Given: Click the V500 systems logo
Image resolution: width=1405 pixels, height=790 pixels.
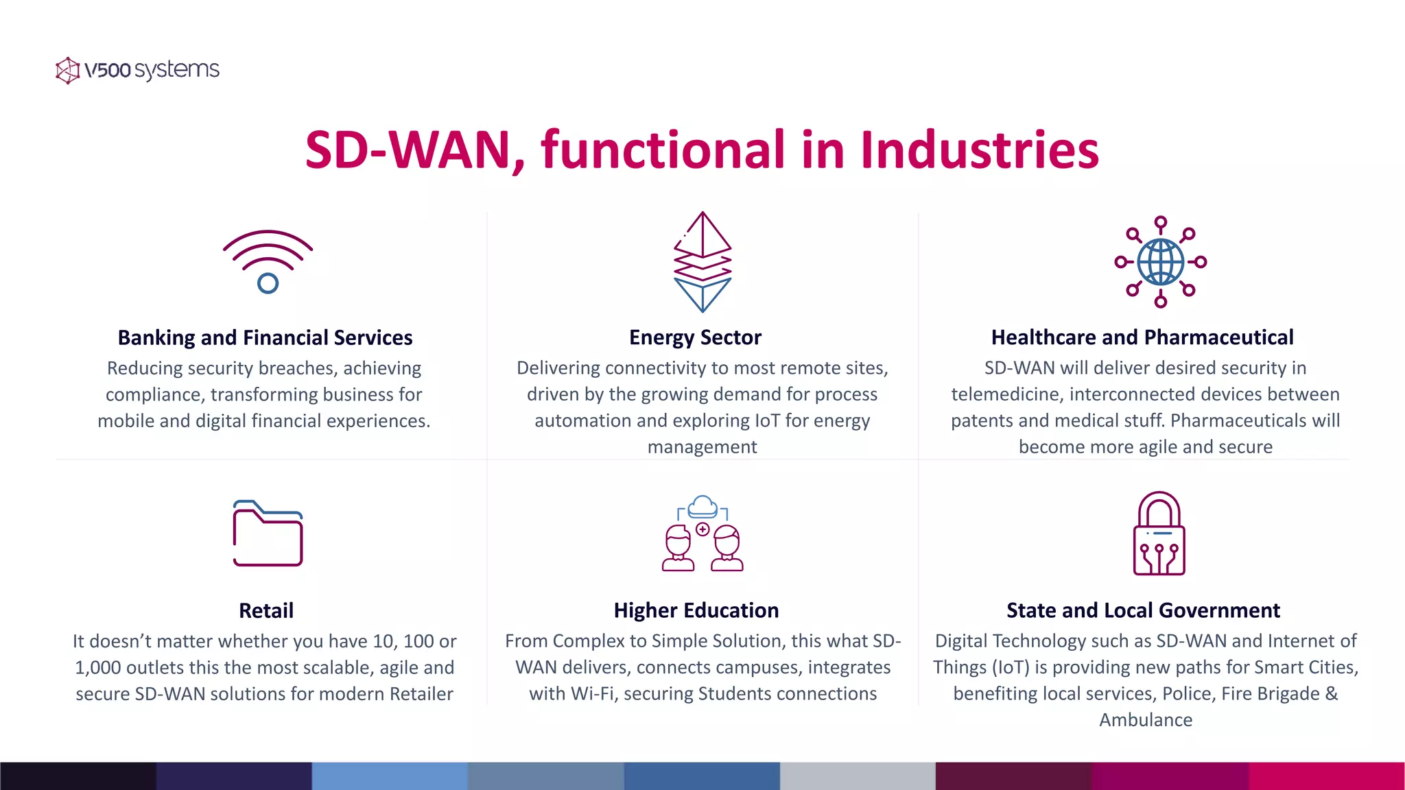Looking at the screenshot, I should [x=137, y=70].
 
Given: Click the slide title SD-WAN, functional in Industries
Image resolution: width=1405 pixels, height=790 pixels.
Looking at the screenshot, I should [x=702, y=149].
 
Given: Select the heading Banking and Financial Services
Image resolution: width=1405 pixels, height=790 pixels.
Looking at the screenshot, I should [x=265, y=337].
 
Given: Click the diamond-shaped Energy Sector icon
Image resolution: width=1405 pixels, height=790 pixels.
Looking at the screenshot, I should [x=702, y=262].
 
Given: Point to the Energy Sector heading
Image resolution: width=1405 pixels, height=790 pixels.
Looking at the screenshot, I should [x=695, y=337].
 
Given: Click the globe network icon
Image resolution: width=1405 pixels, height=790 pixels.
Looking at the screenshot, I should [x=1160, y=262].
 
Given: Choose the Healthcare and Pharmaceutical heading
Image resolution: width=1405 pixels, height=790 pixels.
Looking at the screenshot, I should [x=1142, y=337].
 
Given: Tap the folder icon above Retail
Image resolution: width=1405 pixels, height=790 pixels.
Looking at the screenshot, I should [x=268, y=534].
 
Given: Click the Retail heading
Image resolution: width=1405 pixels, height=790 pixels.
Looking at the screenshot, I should [x=266, y=610].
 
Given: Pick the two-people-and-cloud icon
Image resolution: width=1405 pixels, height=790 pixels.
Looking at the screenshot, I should [x=702, y=534].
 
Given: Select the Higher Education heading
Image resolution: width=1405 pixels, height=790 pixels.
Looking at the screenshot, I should [x=696, y=610].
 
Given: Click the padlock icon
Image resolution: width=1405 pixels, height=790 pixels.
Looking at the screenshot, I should [x=1159, y=534].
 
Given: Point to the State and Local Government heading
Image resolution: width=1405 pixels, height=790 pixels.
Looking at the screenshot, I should [x=1143, y=610].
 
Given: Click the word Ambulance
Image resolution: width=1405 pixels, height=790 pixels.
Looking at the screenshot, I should [x=1146, y=720].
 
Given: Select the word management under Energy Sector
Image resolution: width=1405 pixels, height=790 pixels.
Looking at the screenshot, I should [x=702, y=447].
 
